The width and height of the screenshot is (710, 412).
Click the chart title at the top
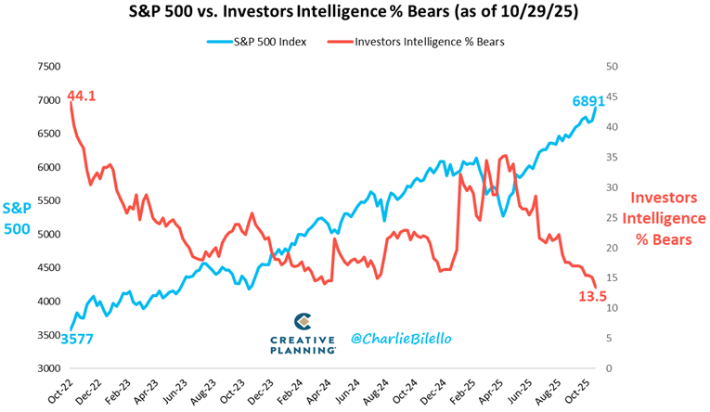tap(355, 14)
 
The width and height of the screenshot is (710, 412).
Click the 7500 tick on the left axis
tap(47, 67)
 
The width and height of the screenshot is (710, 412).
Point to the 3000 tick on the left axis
tap(47, 368)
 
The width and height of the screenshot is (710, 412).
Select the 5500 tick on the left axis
tap(47, 200)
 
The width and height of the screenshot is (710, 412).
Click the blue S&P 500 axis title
tap(18, 218)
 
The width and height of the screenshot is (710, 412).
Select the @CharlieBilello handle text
tap(401, 339)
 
